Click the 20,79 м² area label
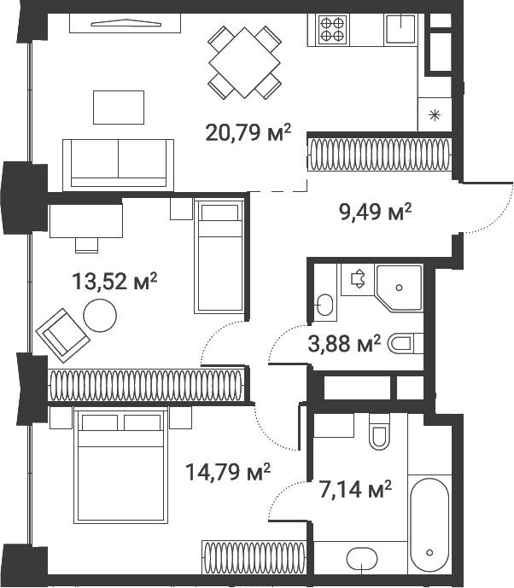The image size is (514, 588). click(248, 132)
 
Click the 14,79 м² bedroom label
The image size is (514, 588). click(228, 470)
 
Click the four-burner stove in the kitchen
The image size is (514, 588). click(332, 31)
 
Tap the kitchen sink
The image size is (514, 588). click(400, 30)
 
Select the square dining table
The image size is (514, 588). click(245, 63)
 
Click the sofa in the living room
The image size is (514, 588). click(118, 162)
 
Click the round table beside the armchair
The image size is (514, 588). click(100, 317)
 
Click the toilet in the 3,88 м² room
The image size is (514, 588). click(405, 344)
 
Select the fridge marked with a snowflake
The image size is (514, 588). click(436, 114)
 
